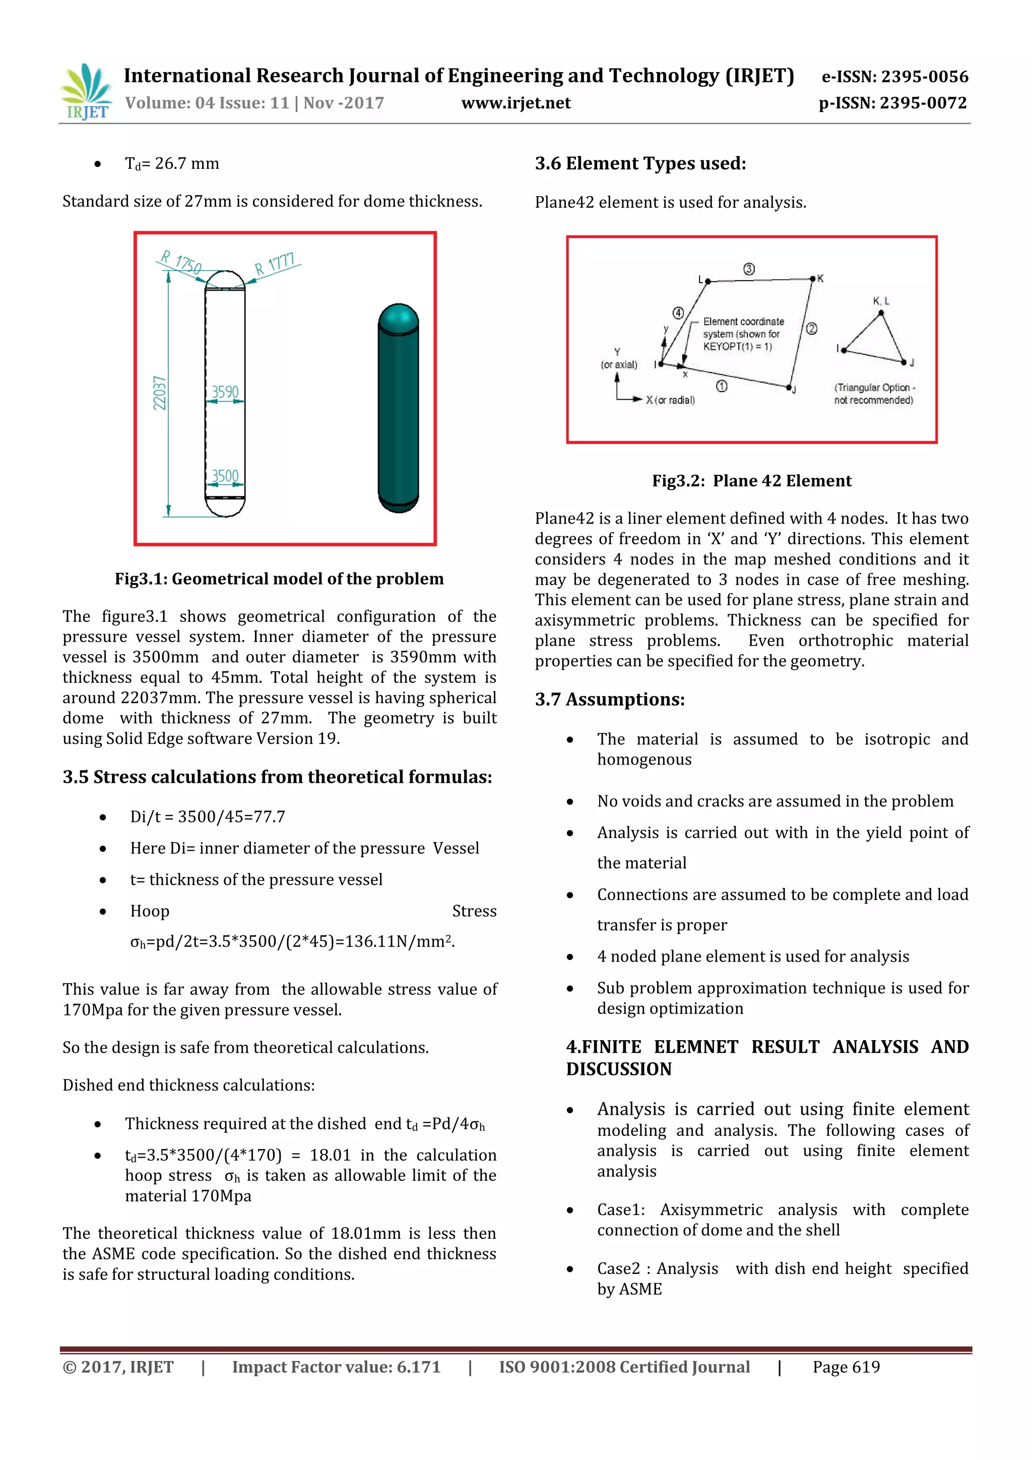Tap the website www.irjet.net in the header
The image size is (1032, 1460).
tap(515, 103)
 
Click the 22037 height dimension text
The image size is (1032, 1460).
tap(160, 393)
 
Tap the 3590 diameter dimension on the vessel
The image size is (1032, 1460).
tap(225, 392)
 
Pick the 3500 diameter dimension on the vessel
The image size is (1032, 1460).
tap(225, 476)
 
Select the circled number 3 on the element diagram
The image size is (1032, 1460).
tap(749, 269)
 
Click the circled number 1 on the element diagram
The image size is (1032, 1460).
tap(722, 386)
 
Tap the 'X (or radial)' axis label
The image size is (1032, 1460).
tap(670, 400)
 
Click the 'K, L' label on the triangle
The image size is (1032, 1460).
tap(881, 301)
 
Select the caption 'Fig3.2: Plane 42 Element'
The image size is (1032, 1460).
tap(752, 481)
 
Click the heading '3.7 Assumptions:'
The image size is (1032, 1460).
tap(609, 700)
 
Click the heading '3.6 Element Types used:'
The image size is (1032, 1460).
tap(639, 163)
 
